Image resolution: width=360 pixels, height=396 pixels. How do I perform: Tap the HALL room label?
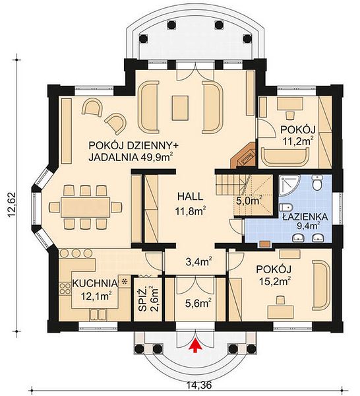pos(190,197)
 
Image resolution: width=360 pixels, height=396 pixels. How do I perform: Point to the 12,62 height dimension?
pos(12,205)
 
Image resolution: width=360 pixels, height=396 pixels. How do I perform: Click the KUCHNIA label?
pos(95,284)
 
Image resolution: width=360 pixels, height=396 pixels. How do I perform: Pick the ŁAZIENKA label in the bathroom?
pos(305,216)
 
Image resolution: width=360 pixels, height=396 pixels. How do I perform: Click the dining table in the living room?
pos(85,207)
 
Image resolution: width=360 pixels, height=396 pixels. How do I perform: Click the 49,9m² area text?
pos(156,157)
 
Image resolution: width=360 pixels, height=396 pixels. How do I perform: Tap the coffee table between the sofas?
pos(180,108)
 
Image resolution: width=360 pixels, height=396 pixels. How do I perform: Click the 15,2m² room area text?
pos(274,281)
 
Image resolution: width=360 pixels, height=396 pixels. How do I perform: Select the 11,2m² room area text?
pos(298,141)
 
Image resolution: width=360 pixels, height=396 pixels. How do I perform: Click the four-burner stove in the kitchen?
pos(65,288)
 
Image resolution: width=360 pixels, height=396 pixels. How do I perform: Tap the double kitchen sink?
pos(98,315)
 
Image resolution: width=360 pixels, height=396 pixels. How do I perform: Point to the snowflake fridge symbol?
pos(124,281)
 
